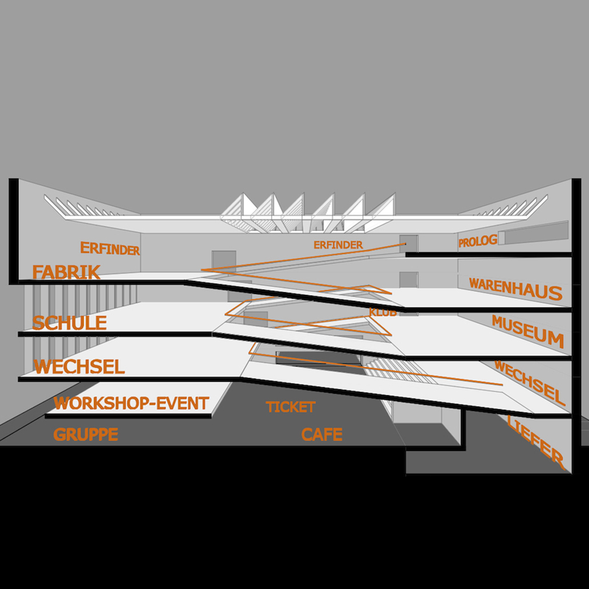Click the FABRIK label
pyautogui.click(x=66, y=272)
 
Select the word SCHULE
pyautogui.click(x=69, y=323)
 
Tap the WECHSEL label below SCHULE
pyautogui.click(x=79, y=366)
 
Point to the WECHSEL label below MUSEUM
pyautogui.click(x=530, y=382)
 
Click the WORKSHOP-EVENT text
pyautogui.click(x=131, y=404)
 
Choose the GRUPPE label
pyautogui.click(x=86, y=435)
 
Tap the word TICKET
pyautogui.click(x=291, y=407)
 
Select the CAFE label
pyautogui.click(x=322, y=435)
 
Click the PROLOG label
pyautogui.click(x=478, y=242)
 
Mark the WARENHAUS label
pyautogui.click(x=515, y=289)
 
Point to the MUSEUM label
pyautogui.click(x=527, y=331)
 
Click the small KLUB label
pyautogui.click(x=382, y=313)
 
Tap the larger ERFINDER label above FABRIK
pyautogui.click(x=110, y=249)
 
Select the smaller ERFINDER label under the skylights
pyautogui.click(x=338, y=245)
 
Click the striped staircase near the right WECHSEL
pyautogui.click(x=400, y=371)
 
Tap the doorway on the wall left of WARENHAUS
pyautogui.click(x=408, y=280)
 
